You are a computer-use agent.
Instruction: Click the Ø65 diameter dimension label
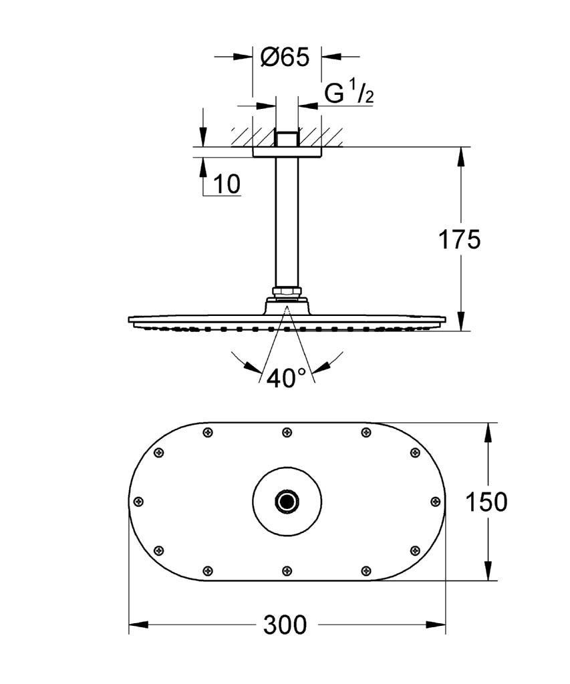point(285,57)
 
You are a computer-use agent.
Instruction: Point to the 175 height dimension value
point(459,240)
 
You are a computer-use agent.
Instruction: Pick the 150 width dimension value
point(486,502)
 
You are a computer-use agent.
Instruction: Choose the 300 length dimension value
point(285,625)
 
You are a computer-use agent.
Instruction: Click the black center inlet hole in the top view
point(287,502)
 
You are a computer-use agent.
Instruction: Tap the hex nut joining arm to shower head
point(287,292)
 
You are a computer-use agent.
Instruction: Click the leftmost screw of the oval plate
point(139,502)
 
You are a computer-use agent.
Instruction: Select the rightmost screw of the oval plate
point(435,502)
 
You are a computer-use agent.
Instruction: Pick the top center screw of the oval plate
point(287,432)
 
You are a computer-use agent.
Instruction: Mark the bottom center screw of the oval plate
point(287,570)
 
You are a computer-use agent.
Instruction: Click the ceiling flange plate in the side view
point(287,152)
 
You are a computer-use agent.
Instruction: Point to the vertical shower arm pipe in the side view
point(287,222)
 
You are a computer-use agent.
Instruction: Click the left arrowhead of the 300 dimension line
point(138,625)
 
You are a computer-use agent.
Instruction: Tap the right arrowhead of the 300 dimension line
point(436,625)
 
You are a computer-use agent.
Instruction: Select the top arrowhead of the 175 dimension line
point(461,157)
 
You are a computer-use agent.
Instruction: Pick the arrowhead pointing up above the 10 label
point(203,166)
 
